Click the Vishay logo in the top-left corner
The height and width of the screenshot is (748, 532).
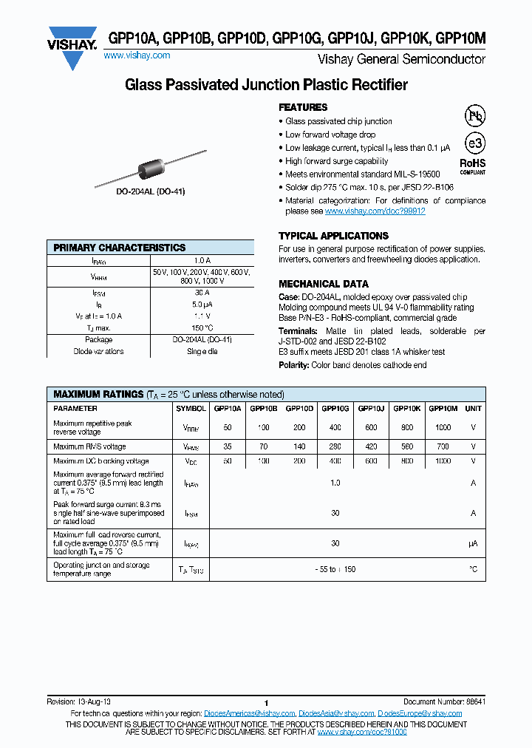coord(72,47)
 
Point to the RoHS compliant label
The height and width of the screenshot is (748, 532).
coord(473,166)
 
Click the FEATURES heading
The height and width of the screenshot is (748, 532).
coord(303,107)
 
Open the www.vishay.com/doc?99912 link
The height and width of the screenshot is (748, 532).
coord(375,211)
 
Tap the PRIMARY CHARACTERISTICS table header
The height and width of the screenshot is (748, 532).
coord(120,248)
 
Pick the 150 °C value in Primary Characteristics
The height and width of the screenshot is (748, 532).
coord(202,327)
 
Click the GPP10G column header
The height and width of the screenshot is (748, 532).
coord(335,408)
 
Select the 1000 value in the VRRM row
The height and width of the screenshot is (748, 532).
coord(443,427)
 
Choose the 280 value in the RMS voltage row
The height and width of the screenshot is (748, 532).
coord(335,446)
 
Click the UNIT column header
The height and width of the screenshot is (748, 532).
coord(473,408)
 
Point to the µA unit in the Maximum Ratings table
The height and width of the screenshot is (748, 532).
coord(473,543)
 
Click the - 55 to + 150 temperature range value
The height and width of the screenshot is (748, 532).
coord(335,569)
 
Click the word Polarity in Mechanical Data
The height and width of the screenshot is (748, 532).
coord(293,365)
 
